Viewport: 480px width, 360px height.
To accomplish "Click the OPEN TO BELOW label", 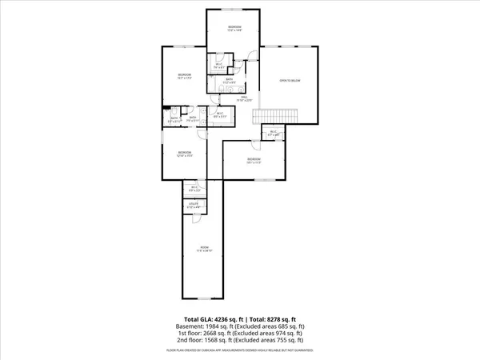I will [288, 81].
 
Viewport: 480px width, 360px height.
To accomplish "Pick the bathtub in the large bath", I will [214, 82].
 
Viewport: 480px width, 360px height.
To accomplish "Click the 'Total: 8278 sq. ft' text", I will [277, 318].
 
